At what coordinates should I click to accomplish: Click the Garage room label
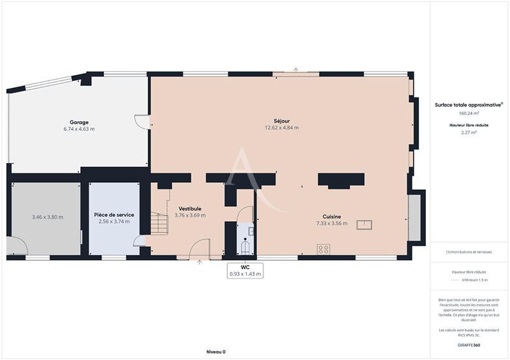79,122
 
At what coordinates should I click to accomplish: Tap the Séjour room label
282,120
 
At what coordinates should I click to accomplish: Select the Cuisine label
331,217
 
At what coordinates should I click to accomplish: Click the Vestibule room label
190,208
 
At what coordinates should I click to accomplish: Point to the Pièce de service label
114,215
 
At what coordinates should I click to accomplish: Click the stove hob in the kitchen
323,249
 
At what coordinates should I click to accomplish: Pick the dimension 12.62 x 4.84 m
282,127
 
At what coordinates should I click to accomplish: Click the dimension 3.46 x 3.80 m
48,217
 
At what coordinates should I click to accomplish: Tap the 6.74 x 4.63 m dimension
79,129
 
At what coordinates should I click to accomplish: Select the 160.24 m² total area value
469,113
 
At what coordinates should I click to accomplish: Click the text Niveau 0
216,352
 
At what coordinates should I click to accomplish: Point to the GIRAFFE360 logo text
469,343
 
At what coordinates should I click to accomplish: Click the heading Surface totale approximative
469,104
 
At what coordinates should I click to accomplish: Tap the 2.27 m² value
469,133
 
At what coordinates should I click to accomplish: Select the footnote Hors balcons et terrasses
469,252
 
